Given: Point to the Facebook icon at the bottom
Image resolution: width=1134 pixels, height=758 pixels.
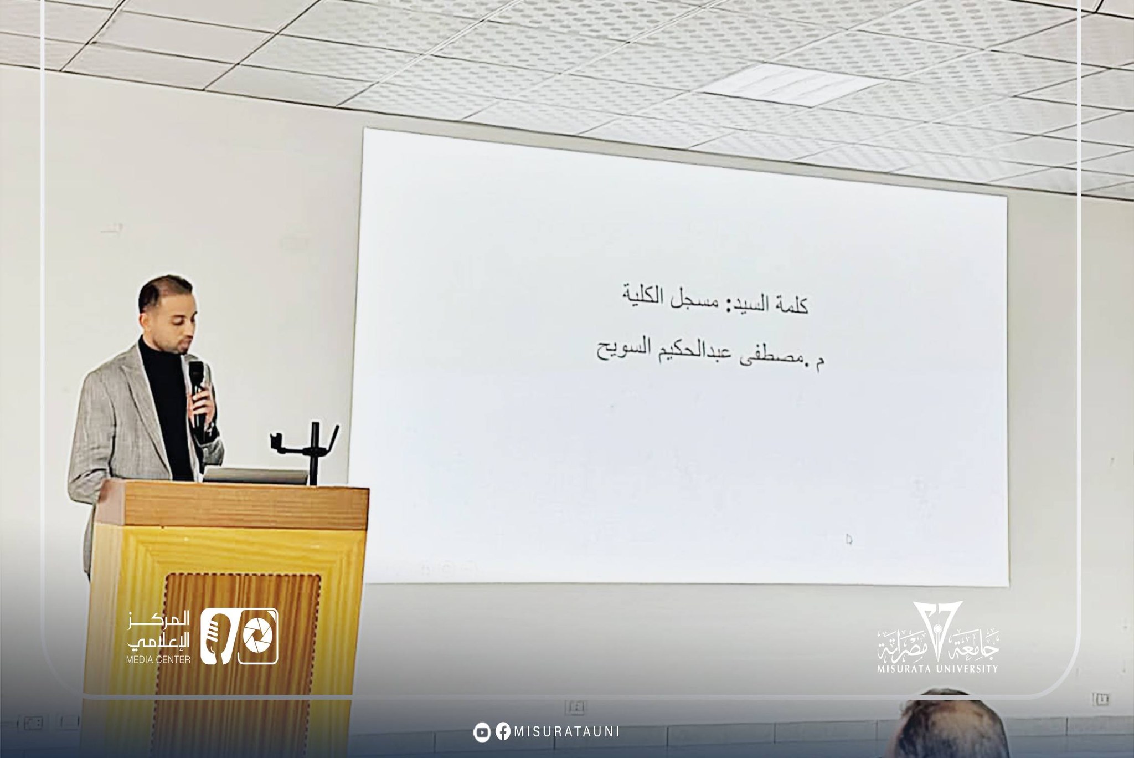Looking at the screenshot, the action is coord(503,731).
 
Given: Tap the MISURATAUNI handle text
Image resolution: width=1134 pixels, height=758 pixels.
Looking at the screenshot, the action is coord(566,731).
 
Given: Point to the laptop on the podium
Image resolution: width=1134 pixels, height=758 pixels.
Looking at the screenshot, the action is coord(255,475).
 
